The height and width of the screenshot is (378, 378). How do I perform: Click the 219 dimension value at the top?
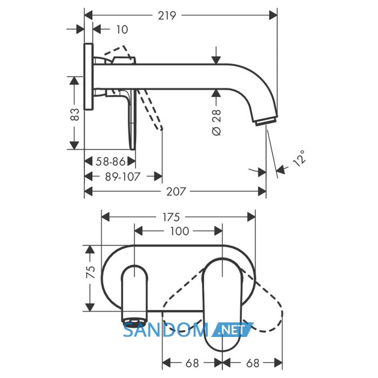pyautogui.click(x=167, y=16)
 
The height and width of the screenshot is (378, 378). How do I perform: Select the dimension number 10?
pyautogui.click(x=122, y=30)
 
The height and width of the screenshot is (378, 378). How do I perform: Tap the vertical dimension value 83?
pyautogui.click(x=75, y=114)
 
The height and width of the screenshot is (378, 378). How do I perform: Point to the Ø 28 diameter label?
pyautogui.click(x=217, y=122)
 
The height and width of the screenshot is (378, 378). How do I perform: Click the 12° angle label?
pyautogui.click(x=299, y=158)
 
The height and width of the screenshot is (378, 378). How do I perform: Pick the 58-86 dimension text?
pyautogui.click(x=111, y=161)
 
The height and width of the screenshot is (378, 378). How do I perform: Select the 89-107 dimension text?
pyautogui.click(x=123, y=177)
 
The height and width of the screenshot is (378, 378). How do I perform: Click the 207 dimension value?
pyautogui.click(x=176, y=192)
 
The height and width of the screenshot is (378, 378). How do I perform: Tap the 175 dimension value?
pyautogui.click(x=171, y=217)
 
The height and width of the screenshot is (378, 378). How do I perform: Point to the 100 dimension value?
pyautogui.click(x=180, y=232)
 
